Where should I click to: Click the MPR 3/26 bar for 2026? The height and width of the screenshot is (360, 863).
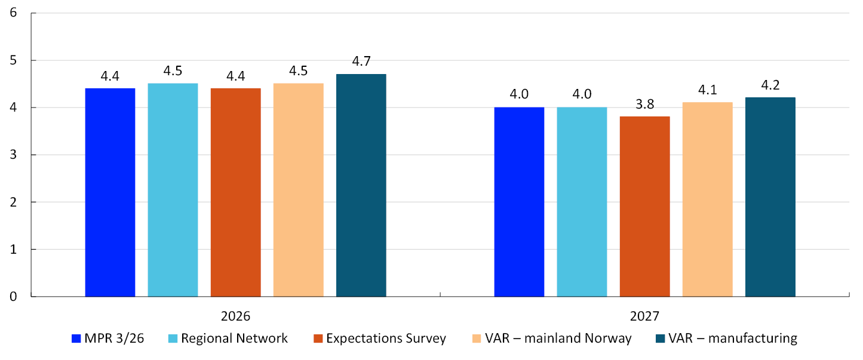click(x=110, y=192)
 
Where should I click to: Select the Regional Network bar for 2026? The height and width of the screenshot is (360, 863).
click(x=173, y=190)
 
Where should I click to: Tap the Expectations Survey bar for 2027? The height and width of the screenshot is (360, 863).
click(x=645, y=207)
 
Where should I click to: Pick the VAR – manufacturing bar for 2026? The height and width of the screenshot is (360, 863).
click(x=361, y=186)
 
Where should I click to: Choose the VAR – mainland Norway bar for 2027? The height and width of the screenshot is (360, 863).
click(x=708, y=199)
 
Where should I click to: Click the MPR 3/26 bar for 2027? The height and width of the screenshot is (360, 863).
click(x=520, y=202)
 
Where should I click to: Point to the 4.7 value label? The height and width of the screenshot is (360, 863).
click(x=361, y=61)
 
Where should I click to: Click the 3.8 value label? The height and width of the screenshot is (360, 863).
click(x=645, y=104)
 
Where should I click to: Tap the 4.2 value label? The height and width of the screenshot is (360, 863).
click(x=770, y=85)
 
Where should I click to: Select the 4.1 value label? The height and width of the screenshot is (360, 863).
click(x=708, y=90)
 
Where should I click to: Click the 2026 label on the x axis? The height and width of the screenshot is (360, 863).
click(x=235, y=316)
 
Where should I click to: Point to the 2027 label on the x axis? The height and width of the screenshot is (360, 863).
click(x=644, y=316)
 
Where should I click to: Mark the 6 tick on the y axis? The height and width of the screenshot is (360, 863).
click(x=14, y=13)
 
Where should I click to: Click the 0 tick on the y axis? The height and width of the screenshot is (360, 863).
click(x=14, y=297)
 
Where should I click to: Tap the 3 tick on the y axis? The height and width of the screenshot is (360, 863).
click(x=14, y=155)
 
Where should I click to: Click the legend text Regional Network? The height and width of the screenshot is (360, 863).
click(x=234, y=338)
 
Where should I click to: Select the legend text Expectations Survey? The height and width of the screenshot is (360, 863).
click(x=386, y=338)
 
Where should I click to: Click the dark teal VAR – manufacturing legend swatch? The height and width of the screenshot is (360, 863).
click(x=661, y=339)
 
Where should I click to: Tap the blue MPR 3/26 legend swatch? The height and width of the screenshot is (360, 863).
click(x=76, y=339)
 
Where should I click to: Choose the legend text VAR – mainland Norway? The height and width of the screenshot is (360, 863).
click(x=558, y=338)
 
